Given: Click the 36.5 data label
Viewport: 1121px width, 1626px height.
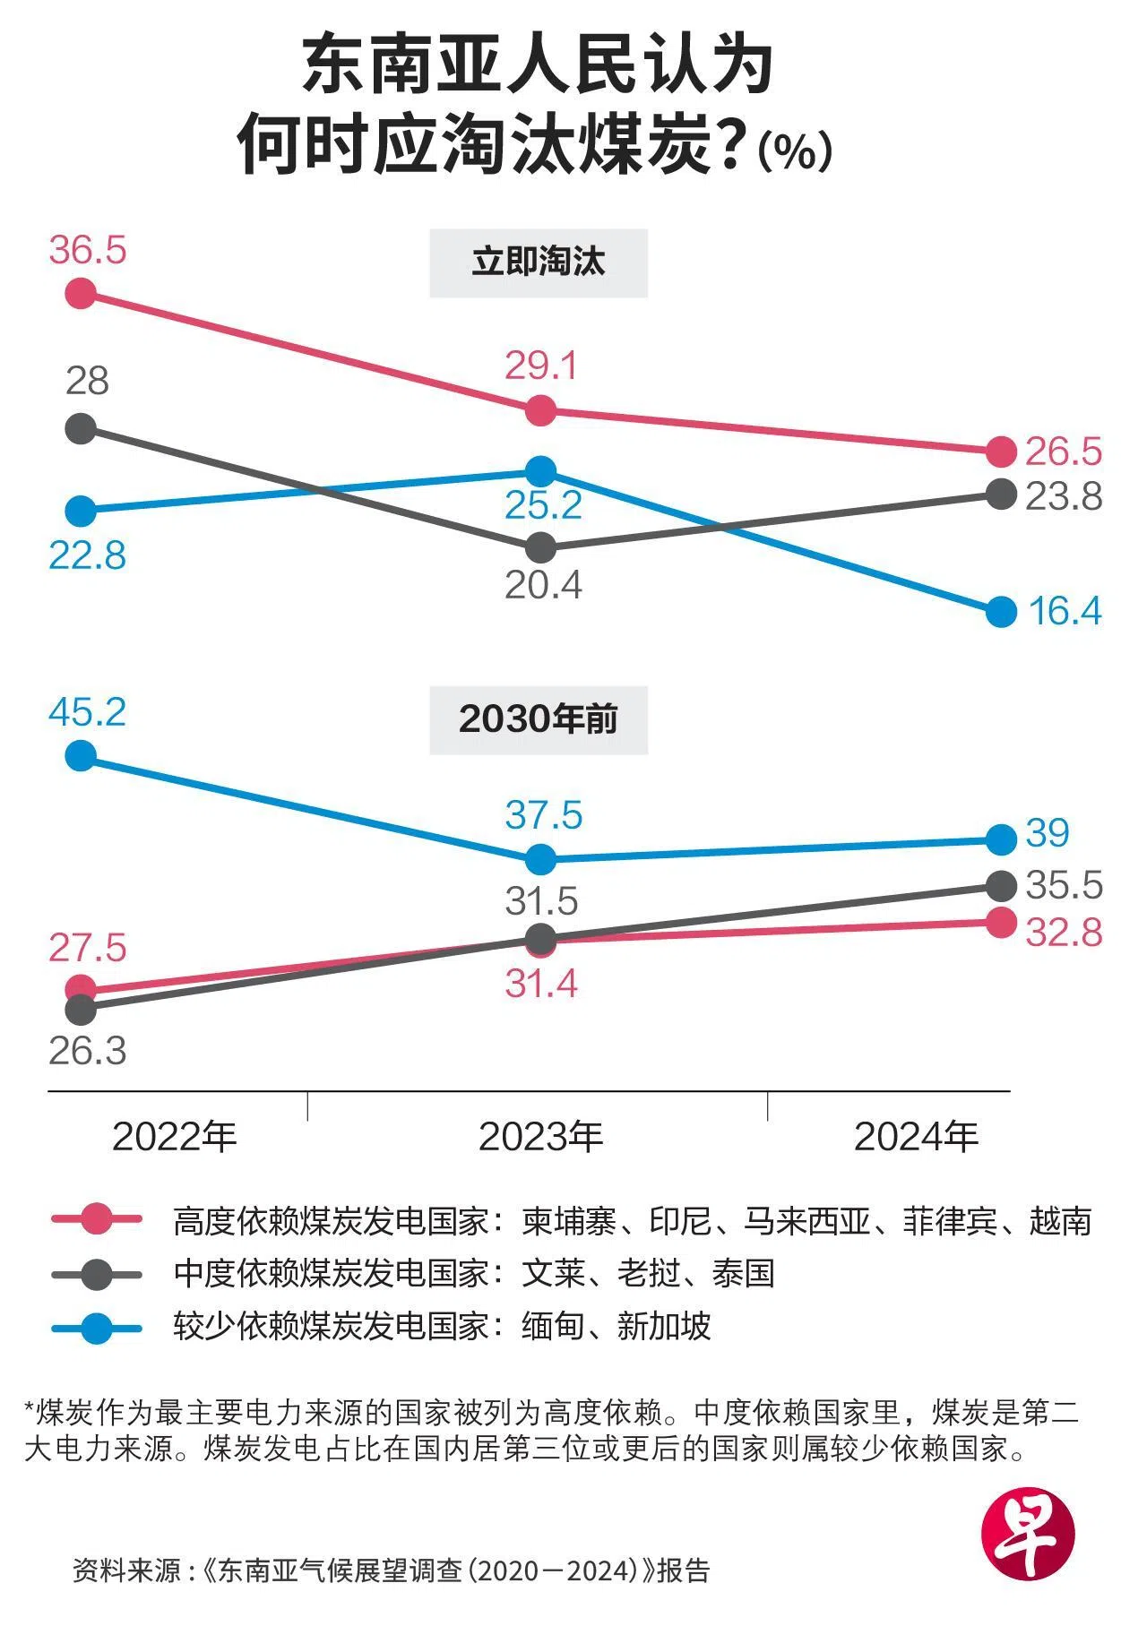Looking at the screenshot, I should click(88, 250).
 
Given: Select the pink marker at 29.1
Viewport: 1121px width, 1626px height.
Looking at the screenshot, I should click(540, 410).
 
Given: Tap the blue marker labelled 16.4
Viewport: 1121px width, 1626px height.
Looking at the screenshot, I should click(1001, 612).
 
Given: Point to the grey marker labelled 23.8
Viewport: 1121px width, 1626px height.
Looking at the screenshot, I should click(1001, 493).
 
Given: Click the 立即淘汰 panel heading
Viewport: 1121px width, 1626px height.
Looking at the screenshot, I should click(539, 262).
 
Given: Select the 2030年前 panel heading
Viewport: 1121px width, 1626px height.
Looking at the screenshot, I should click(539, 719).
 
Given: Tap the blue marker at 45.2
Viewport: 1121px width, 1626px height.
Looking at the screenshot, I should click(81, 755).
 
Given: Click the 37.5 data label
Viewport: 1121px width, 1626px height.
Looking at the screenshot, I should click(544, 816).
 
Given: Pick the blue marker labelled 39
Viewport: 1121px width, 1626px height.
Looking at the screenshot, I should click(1001, 839).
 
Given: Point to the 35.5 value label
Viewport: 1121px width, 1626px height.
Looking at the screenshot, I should click(1064, 885).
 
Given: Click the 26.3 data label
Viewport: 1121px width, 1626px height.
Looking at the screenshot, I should click(88, 1051).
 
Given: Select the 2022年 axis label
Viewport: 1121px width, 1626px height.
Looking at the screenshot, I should click(175, 1137).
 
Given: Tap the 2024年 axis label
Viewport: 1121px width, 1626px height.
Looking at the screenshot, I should click(916, 1137).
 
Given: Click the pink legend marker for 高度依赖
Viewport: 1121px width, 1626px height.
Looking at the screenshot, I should click(97, 1219).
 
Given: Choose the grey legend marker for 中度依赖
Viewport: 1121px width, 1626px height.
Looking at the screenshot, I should click(97, 1273).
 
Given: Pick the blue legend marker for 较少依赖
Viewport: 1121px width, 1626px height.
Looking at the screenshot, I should click(97, 1327).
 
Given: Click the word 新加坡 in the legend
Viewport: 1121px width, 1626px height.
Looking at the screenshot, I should click(664, 1326).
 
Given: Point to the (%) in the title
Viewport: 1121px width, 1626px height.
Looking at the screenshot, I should click(795, 151).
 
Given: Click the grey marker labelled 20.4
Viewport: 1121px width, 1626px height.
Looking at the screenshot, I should click(540, 546).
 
